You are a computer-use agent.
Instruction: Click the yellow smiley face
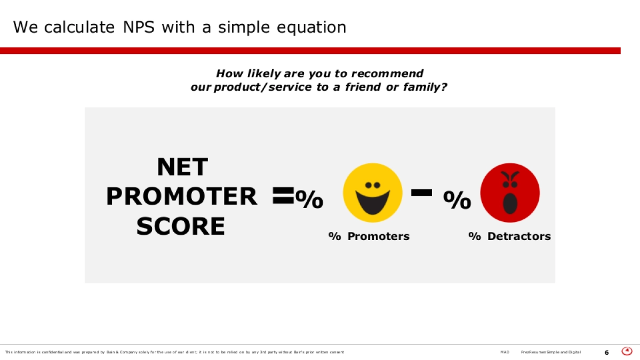(373, 193)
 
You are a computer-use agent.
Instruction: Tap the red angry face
(510, 193)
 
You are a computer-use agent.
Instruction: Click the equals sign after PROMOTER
(283, 195)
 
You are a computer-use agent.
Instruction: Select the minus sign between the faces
(421, 193)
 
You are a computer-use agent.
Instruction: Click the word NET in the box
(182, 167)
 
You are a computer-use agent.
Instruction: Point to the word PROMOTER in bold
(182, 196)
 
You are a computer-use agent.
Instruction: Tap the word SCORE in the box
(181, 226)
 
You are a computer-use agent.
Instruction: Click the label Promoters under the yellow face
(378, 236)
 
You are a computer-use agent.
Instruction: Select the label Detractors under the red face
(519, 236)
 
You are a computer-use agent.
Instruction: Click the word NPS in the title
(139, 27)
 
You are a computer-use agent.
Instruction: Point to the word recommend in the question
(387, 74)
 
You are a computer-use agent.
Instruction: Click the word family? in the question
(425, 87)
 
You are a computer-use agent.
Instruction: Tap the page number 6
(606, 353)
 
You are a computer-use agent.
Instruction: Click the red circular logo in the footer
(627, 351)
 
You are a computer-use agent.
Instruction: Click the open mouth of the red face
(510, 203)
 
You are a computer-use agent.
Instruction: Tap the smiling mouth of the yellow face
(373, 202)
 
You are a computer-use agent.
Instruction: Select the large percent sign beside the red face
(457, 199)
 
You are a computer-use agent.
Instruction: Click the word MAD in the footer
(505, 353)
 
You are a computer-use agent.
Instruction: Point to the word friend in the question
(363, 87)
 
